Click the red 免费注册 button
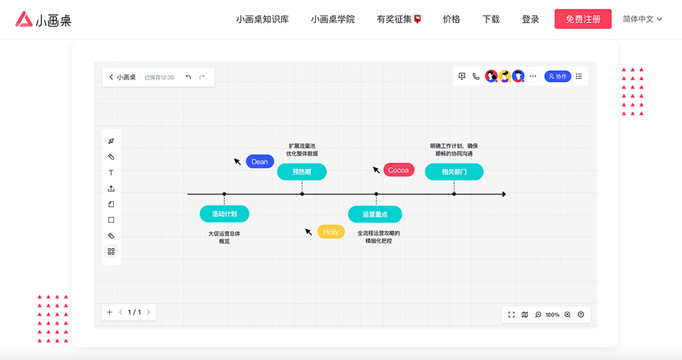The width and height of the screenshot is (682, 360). pos(583,19)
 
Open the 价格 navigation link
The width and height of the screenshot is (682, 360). pos(451,19)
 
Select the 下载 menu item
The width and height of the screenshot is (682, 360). pos(491,19)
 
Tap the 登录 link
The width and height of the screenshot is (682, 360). pos(531,19)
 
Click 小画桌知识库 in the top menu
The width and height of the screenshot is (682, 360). pos(263,19)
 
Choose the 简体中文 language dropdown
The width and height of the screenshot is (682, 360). pos(642,19)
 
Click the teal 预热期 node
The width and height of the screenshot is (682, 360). pos(301,172)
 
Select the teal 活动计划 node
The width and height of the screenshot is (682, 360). pos(224,214)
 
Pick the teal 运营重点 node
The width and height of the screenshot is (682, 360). pos(375,214)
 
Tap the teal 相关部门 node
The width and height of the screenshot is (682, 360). pos(454,172)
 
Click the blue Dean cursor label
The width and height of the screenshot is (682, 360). pos(260,162)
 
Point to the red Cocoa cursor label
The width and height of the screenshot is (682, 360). pos(398,170)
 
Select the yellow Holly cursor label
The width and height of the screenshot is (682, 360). pos(331,232)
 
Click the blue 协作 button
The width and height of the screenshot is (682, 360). pos(557,76)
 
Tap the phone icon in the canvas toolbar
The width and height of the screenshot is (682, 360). pos(476,76)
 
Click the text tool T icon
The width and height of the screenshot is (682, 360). pos(111,172)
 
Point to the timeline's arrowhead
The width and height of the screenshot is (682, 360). pos(503,194)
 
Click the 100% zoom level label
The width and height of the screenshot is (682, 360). pos(552,314)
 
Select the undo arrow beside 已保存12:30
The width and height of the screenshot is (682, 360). pos(188,77)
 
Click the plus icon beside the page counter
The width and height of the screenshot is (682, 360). pos(109,312)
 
